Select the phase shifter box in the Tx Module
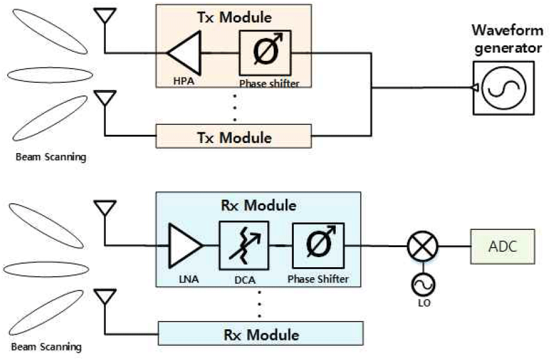(x=265, y=53)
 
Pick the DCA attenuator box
(x=244, y=245)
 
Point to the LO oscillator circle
(x=422, y=286)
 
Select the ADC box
(x=503, y=246)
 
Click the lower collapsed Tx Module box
(x=234, y=137)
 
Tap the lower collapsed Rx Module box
(x=261, y=335)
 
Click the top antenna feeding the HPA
(x=105, y=16)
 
